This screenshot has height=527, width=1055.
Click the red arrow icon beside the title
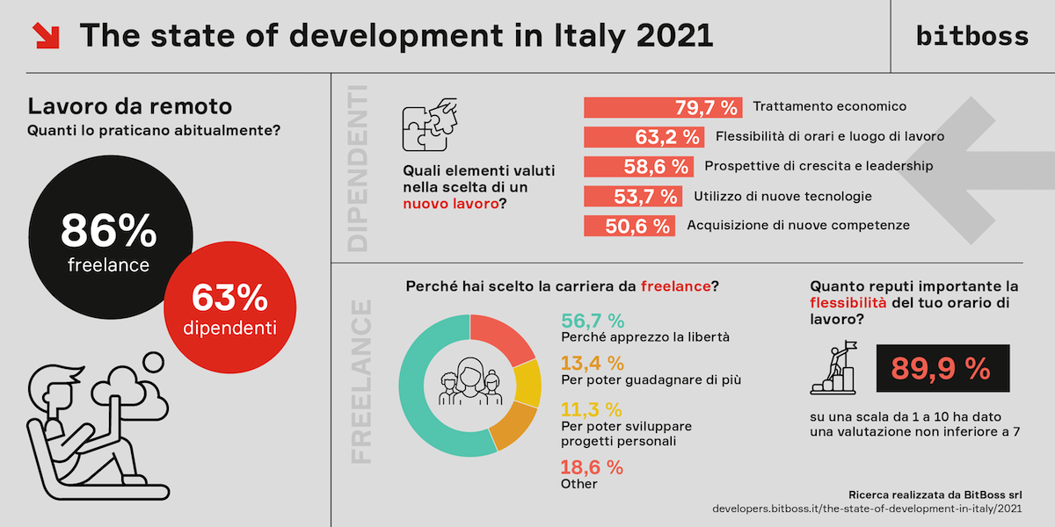click(x=45, y=36)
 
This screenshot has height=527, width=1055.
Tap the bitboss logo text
click(x=971, y=36)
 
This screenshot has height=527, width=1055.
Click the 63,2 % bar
click(x=644, y=137)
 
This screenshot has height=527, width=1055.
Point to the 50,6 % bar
click(x=629, y=226)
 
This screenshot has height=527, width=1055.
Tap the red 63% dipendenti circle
click(x=229, y=308)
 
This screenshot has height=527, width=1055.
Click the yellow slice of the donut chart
click(x=526, y=383)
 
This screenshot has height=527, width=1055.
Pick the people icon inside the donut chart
click(x=469, y=383)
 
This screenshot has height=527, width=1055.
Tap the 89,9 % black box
click(x=942, y=369)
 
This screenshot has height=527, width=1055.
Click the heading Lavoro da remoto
click(x=130, y=106)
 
